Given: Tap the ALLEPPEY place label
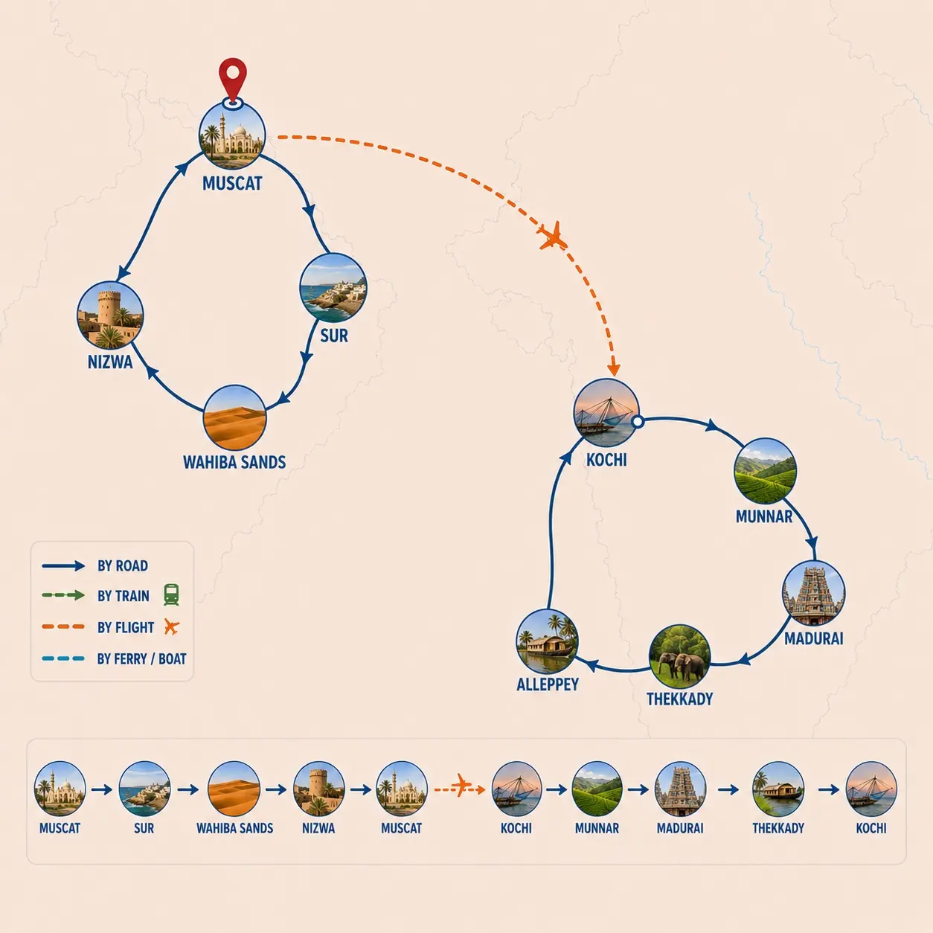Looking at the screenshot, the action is click(548, 684).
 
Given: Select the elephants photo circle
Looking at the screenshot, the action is click(679, 656).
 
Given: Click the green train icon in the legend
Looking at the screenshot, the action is click(171, 594).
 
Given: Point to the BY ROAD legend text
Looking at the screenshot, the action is click(123, 565).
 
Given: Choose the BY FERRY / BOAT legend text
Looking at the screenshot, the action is click(141, 658).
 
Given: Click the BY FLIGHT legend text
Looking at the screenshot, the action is click(126, 627).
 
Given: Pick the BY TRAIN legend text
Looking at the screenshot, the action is click(123, 595).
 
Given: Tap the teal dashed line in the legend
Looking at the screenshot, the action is click(63, 658).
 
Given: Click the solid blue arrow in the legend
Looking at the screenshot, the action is click(63, 565).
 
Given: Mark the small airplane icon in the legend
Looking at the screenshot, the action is click(171, 626).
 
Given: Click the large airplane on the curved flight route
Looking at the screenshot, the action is click(552, 236).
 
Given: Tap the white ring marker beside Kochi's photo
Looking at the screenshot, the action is click(638, 422).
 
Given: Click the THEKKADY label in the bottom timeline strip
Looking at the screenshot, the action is click(778, 828).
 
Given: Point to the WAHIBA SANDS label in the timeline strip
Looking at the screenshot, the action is click(234, 828).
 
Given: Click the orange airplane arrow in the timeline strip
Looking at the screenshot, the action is click(460, 789).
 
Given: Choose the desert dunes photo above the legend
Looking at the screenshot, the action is click(235, 417).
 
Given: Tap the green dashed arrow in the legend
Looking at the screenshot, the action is click(63, 595).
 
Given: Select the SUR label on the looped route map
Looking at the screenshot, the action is click(334, 336).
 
